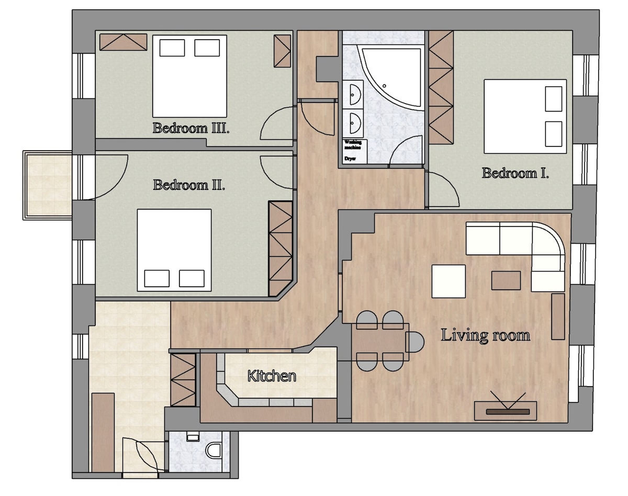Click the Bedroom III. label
click(x=191, y=128)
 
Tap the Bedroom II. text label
click(x=189, y=185)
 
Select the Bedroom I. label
click(x=515, y=173)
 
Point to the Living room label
click(x=485, y=335)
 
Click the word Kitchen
click(x=272, y=376)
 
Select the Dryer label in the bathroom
click(x=350, y=159)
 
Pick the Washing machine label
click(x=353, y=145)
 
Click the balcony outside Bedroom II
click(x=47, y=185)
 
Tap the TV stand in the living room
click(x=506, y=411)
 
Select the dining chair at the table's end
click(x=416, y=342)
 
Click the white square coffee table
click(x=448, y=281)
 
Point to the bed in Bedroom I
click(x=525, y=117)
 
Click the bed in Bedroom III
click(x=189, y=76)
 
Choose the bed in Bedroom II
click(x=174, y=250)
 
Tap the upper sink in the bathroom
click(x=355, y=95)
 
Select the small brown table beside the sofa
click(x=506, y=280)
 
